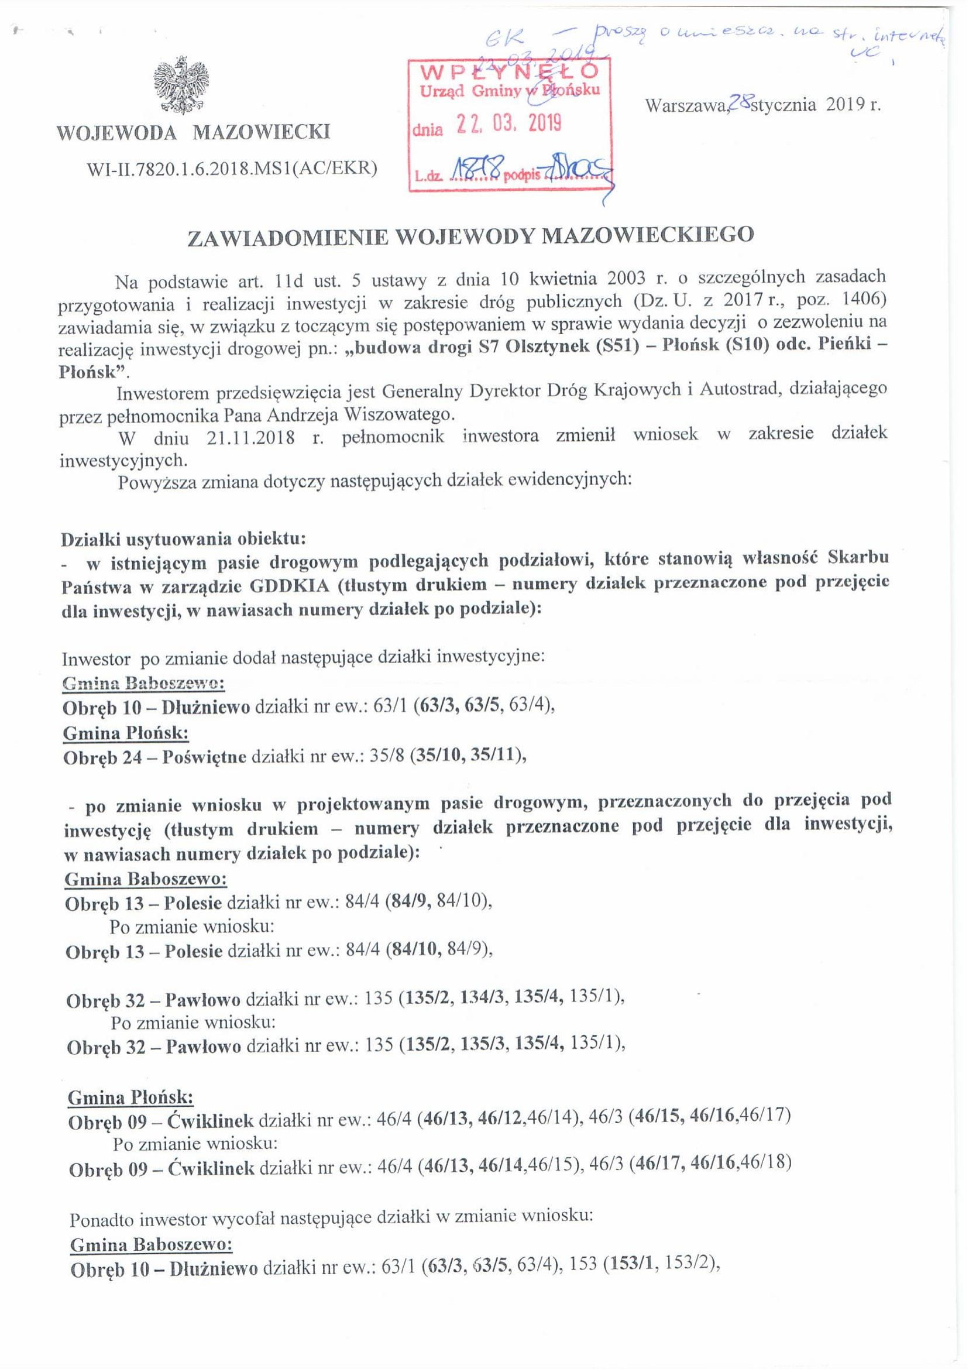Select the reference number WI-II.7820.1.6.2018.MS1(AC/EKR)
click(232, 170)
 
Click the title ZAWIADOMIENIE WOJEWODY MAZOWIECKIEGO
click(471, 236)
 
